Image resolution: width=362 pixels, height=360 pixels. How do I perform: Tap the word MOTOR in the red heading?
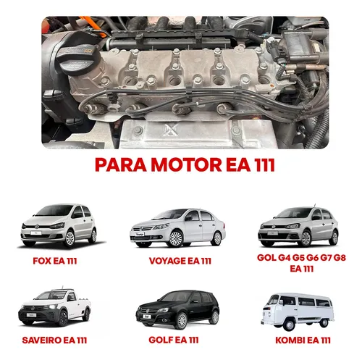tap(186, 165)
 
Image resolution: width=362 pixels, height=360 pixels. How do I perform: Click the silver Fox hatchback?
tap(59, 225)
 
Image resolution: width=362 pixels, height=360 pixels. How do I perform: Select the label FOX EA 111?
tap(55, 261)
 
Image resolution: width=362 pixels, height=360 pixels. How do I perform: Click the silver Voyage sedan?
tap(177, 228)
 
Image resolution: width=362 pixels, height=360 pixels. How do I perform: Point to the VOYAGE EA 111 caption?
tap(180, 261)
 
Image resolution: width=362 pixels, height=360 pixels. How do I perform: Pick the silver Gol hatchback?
tap(298, 227)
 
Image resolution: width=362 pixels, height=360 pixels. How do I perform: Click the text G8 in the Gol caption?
tap(340, 258)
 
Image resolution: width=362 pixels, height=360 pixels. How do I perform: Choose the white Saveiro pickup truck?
tap(54, 306)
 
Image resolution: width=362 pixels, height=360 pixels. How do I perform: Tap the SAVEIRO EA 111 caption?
tap(54, 340)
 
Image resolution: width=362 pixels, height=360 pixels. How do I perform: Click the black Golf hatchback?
tap(177, 309)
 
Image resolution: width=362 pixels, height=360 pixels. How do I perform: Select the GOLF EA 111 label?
tap(174, 340)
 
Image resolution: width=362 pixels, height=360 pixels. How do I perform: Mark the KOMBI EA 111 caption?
tap(303, 340)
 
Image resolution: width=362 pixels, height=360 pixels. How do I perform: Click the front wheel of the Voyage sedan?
tap(176, 238)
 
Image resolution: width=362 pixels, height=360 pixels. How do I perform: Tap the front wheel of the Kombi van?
tap(289, 324)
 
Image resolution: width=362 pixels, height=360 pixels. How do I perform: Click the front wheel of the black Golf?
tap(182, 321)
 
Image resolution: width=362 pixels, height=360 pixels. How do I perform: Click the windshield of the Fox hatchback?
tap(55, 211)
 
